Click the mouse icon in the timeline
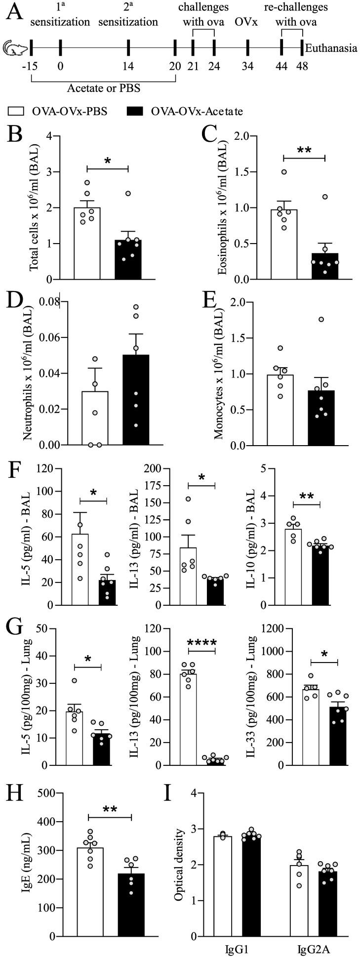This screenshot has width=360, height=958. [x=13, y=48]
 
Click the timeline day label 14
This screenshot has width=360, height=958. [x=128, y=66]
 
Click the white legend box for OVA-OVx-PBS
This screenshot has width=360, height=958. [x=18, y=112]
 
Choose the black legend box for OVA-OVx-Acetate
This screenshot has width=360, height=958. [x=140, y=112]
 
